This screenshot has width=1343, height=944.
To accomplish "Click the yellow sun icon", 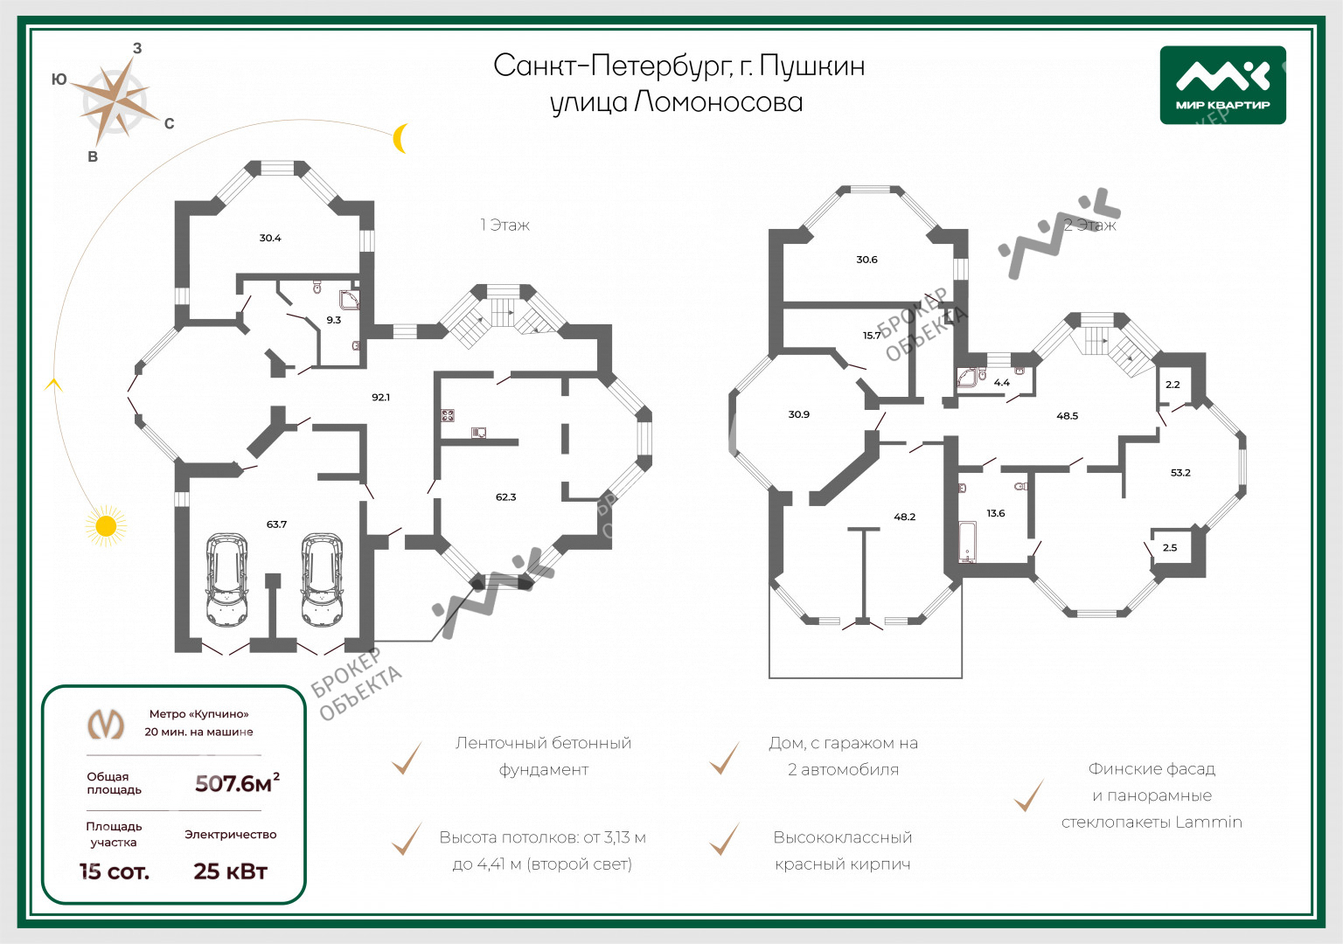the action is click(x=106, y=525).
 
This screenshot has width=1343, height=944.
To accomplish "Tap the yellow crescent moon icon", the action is click(x=400, y=138).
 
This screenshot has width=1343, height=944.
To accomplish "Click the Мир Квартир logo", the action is click(x=1222, y=85).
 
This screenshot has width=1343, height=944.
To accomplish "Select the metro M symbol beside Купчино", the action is click(x=106, y=724).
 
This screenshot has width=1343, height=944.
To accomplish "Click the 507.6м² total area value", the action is click(x=238, y=783).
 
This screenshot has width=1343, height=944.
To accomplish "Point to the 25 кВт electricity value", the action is click(x=230, y=871).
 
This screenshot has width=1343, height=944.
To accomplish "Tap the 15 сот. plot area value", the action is click(x=115, y=871).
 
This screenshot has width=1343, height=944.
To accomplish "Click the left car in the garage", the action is click(x=226, y=580).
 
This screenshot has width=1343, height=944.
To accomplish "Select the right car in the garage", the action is click(x=323, y=580).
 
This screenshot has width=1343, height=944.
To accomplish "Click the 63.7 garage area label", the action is click(x=276, y=524).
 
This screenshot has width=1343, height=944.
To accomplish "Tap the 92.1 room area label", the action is click(x=380, y=397).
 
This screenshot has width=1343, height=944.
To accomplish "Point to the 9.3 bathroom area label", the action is click(x=333, y=320).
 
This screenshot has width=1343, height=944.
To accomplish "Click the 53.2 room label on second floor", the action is click(x=1180, y=472).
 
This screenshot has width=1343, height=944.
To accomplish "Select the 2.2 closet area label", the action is click(x=1173, y=385).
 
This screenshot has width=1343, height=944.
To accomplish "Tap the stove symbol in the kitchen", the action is click(x=448, y=415).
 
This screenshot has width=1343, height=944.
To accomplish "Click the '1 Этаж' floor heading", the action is click(x=504, y=225).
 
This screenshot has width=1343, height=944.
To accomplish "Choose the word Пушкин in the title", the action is click(x=811, y=66).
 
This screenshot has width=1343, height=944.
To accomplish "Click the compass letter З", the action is click(x=137, y=49).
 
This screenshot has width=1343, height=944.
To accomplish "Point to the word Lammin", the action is click(x=1208, y=822).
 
